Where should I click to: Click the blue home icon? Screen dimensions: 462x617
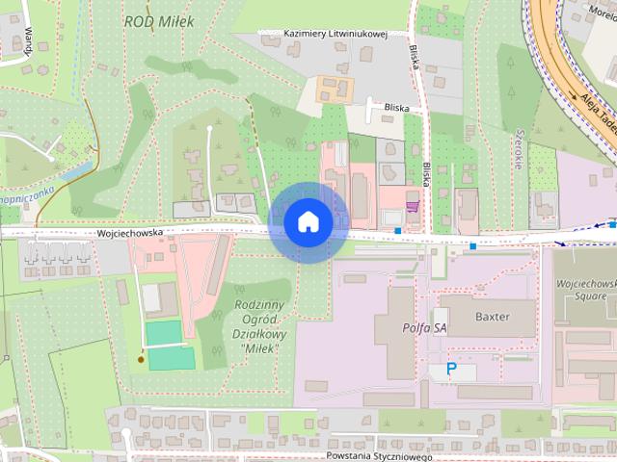308,222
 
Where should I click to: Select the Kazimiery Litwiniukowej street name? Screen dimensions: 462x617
335,34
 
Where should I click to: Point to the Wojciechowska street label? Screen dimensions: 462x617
130,232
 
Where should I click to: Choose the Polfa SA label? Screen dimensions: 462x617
423,327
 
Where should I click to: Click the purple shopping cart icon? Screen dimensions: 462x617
413,206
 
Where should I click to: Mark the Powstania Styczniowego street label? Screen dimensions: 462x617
379,456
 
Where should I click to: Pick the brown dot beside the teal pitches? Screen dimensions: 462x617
142,360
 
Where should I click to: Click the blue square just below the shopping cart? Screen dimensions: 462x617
398,230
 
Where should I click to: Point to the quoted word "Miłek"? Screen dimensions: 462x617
255,347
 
